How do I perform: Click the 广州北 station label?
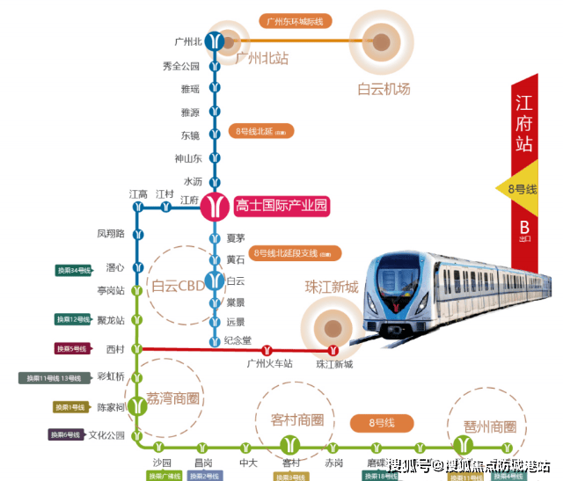point(189,41)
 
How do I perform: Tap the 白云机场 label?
point(383,89)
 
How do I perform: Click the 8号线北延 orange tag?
point(260,131)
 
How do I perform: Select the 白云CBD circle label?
point(179,285)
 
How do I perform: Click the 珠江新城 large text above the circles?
point(332,288)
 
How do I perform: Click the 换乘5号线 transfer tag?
point(75,349)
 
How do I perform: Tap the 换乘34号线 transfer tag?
point(74,270)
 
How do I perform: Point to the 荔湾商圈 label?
point(174,398)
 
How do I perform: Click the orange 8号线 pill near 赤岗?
point(382,424)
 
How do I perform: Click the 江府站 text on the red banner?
point(524,128)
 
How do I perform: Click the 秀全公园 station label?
point(181,66)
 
